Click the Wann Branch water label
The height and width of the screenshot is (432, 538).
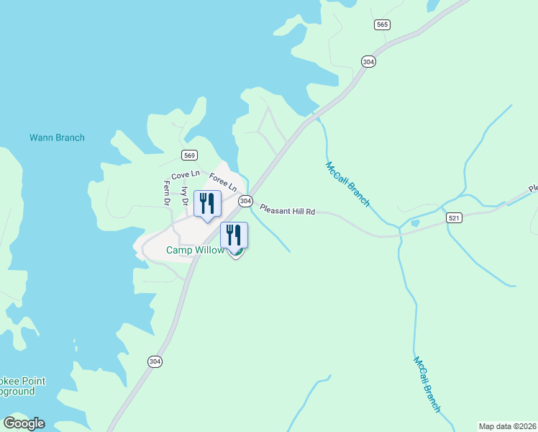click(x=57, y=138)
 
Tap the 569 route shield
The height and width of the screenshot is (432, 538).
click(x=189, y=156)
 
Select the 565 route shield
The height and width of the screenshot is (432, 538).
click(x=382, y=24)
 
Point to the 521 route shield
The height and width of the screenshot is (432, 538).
click(x=453, y=217)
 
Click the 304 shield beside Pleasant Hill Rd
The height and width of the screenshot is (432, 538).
click(x=245, y=201)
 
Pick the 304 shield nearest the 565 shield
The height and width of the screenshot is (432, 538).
click(x=368, y=63)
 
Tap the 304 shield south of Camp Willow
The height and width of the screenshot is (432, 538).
click(x=155, y=361)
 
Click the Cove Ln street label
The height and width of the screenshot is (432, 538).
click(x=185, y=175)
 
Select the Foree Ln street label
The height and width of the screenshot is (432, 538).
click(x=223, y=181)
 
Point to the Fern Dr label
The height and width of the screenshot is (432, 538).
click(x=166, y=192)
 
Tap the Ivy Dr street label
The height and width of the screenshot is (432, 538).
click(x=184, y=197)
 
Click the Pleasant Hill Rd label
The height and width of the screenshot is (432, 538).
click(x=288, y=211)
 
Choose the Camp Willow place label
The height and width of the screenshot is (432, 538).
click(x=195, y=250)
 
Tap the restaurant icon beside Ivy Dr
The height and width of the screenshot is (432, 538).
click(x=206, y=202)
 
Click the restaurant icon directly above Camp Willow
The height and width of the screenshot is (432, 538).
click(x=234, y=235)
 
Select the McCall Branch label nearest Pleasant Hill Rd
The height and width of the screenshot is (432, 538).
click(x=347, y=184)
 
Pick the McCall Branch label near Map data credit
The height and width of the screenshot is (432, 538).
click(x=427, y=384)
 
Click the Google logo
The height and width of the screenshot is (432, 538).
click(x=24, y=423)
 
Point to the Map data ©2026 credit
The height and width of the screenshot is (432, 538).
click(x=507, y=426)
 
